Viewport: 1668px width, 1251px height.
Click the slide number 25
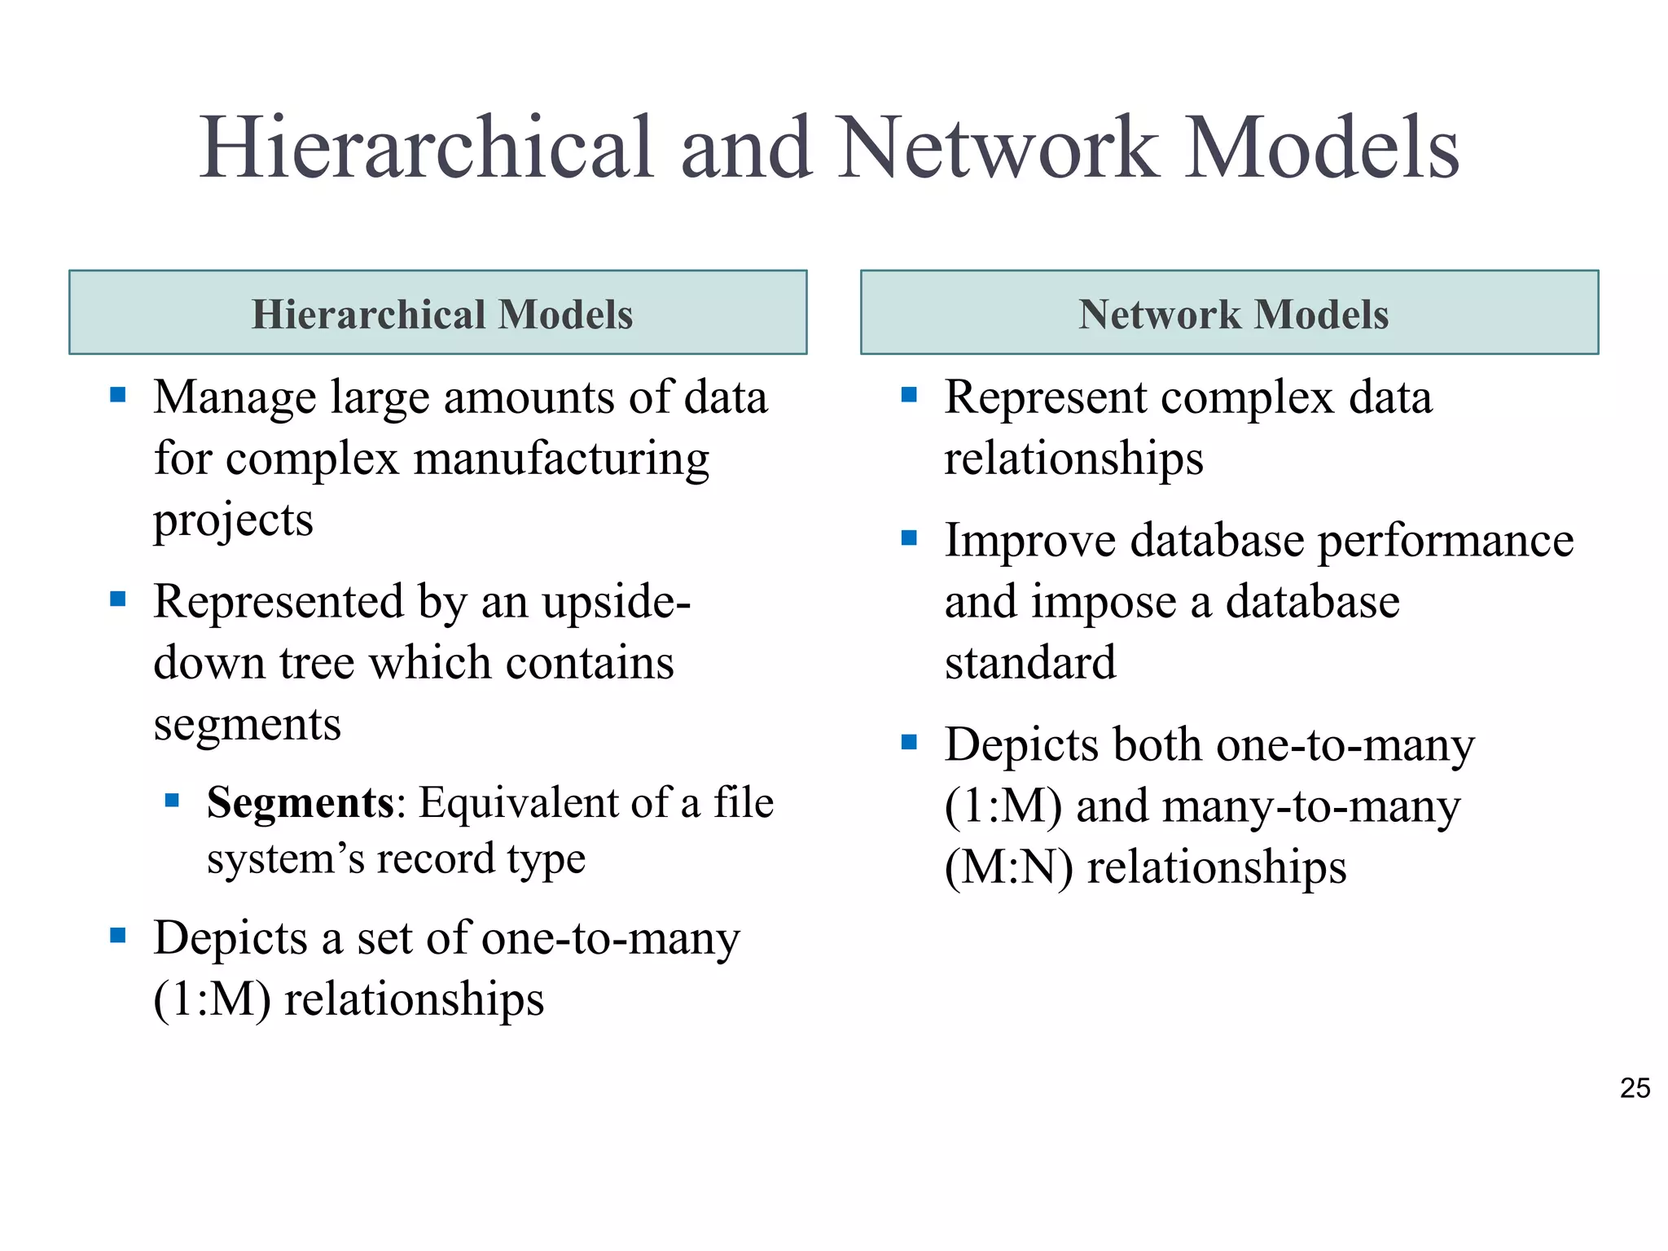coord(1635,1088)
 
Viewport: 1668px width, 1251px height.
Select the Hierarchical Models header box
coord(438,313)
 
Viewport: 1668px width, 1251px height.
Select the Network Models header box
coord(1229,313)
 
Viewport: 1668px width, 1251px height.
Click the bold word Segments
coord(301,803)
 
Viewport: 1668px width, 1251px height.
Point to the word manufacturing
coord(561,459)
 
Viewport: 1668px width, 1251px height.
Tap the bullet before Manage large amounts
coord(118,396)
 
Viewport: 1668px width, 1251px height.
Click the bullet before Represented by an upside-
coord(118,600)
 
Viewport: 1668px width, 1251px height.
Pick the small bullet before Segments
coord(172,801)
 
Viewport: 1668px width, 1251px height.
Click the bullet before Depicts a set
coord(118,935)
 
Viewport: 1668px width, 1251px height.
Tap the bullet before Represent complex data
coord(910,396)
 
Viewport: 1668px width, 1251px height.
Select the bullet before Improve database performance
coord(910,538)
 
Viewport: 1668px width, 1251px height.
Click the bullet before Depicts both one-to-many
coord(910,742)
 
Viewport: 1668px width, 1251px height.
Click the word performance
coord(1446,542)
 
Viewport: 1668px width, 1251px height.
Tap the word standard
coord(1030,662)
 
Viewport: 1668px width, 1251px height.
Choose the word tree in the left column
coord(317,663)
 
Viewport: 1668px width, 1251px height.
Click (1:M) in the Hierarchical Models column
coord(212,999)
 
